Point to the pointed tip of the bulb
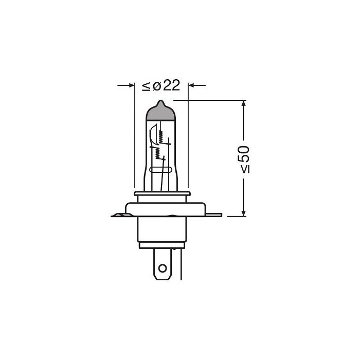[161, 101]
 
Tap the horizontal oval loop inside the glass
[161, 170]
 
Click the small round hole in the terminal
[162, 267]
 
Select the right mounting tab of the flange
[213, 213]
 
